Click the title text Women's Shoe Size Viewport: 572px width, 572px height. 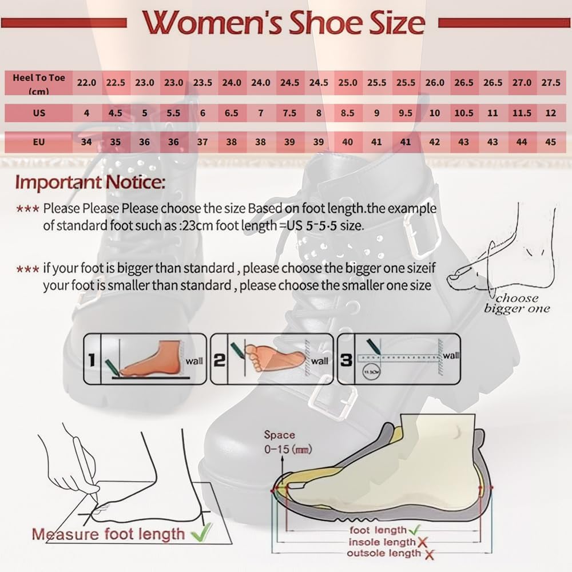click(284, 23)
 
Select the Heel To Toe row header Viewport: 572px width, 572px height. click(39, 83)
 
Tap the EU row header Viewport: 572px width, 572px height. click(39, 142)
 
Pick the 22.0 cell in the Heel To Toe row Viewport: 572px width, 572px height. click(86, 82)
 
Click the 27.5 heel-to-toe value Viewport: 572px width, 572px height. click(550, 82)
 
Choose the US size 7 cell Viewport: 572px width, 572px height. click(260, 113)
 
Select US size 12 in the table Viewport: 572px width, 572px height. click(550, 113)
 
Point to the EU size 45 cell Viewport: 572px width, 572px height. click(550, 142)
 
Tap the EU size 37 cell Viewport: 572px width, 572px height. click(202, 142)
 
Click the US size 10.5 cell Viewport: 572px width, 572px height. click(463, 113)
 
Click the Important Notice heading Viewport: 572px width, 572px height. click(90, 183)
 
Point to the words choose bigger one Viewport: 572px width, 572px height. click(517, 303)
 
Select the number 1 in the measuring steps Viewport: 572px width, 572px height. click(92, 360)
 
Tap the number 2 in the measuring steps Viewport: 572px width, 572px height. click(220, 360)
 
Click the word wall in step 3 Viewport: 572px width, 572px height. click(451, 356)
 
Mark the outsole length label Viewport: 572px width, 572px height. click(383, 553)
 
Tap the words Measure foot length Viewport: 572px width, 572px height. click(109, 534)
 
